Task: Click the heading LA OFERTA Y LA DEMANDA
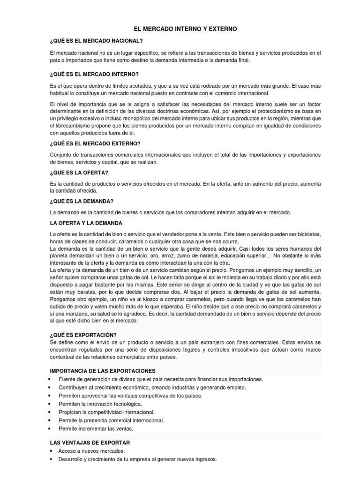click(86, 223)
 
